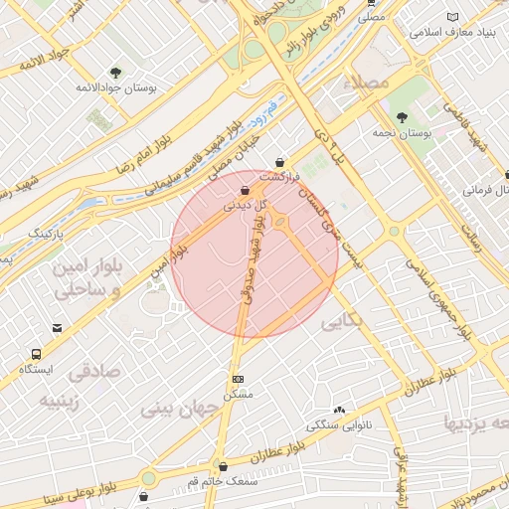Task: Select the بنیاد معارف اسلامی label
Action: click(x=455, y=32)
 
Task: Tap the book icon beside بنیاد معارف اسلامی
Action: click(x=455, y=17)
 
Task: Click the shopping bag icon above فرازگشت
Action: click(x=280, y=162)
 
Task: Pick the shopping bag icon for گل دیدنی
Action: click(x=245, y=190)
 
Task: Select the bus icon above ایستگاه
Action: click(x=37, y=354)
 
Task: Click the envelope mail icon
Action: click(x=57, y=327)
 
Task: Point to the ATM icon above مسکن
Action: click(x=239, y=379)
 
